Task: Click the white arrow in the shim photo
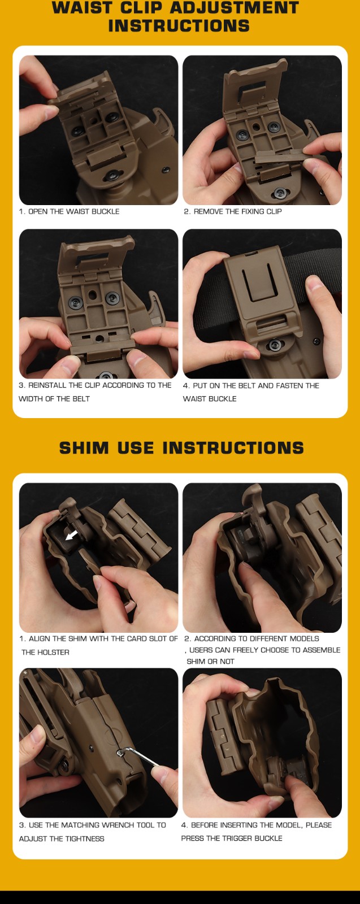71,536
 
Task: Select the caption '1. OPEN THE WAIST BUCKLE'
69,211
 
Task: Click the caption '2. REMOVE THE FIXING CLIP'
233,211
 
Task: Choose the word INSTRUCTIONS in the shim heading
233,448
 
